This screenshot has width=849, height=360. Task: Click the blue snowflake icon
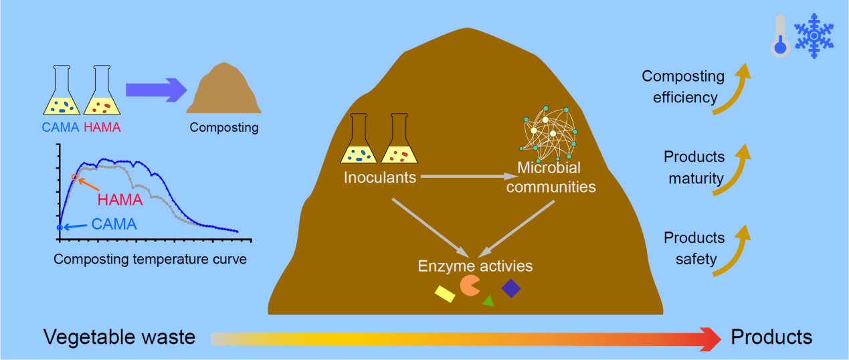814,36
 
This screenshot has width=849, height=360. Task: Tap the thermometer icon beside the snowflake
780,36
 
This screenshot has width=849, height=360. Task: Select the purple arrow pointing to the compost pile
157,90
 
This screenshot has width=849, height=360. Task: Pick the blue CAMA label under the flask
60,127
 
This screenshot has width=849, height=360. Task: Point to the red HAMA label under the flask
102,127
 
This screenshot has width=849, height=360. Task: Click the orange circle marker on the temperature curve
75,177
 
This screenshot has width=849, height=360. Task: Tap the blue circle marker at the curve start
60,228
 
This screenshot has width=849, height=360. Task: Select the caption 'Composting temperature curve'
150,259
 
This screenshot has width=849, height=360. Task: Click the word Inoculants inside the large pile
380,177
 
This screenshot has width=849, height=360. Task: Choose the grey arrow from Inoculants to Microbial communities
469,176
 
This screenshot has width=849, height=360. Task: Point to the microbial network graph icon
549,134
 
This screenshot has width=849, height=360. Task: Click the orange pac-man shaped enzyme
469,286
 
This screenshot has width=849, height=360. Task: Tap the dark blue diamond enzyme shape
511,288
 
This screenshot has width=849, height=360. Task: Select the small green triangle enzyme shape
488,301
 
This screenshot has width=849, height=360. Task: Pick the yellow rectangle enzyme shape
445,294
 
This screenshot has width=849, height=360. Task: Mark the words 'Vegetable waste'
119,337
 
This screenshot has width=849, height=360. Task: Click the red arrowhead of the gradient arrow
710,339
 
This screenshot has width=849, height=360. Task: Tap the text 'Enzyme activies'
475,266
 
